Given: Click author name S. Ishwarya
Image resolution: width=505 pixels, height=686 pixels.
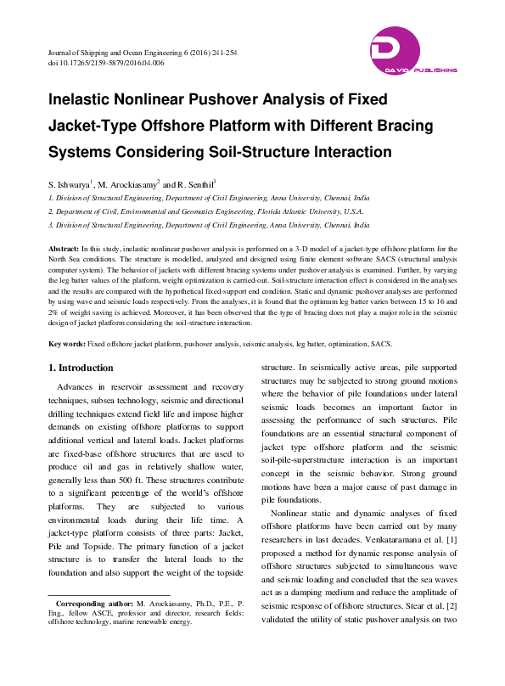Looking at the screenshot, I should (68, 183).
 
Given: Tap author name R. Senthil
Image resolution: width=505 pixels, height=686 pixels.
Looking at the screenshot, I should (195, 183).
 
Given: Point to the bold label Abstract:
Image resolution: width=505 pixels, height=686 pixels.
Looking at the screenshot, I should (65, 246).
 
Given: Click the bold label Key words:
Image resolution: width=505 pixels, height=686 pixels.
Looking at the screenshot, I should (66, 344).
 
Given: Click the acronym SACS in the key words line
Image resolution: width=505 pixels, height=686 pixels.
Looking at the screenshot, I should (379, 344).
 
